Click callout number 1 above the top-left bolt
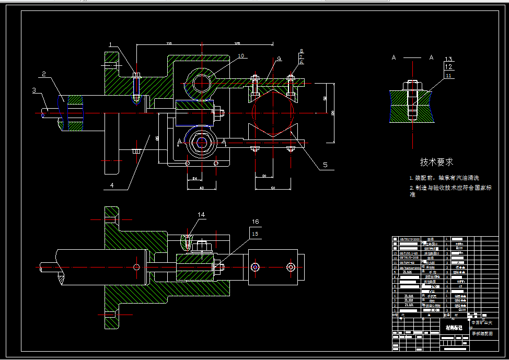(110, 44)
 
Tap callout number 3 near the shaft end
(34, 90)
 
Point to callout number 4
(111, 184)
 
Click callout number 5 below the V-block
(325, 165)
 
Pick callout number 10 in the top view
(240, 55)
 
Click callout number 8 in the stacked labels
(301, 51)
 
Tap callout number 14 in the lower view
(202, 214)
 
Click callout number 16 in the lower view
(256, 222)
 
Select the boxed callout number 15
(255, 234)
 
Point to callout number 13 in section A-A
(448, 59)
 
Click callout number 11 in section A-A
(448, 75)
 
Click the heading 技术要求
(436, 162)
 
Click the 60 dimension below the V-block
(273, 187)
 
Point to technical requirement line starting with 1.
(443, 178)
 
